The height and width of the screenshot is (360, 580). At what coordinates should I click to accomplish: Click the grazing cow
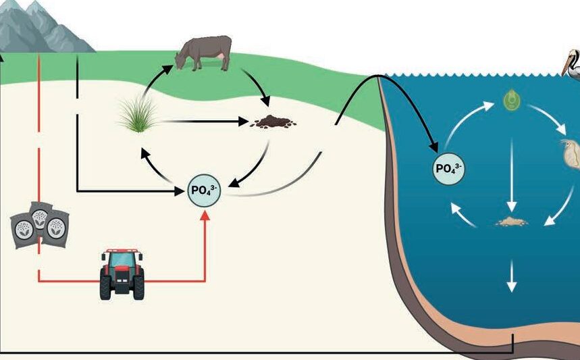click(x=204, y=53)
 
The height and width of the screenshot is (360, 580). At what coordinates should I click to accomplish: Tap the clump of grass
click(x=138, y=115)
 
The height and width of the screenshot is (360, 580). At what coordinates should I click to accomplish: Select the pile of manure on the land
click(x=273, y=122)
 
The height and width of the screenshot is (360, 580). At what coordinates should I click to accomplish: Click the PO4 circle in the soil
click(x=204, y=190)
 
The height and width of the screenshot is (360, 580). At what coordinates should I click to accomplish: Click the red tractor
click(x=122, y=274)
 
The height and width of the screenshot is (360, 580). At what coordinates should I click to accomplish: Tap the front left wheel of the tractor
click(x=105, y=288)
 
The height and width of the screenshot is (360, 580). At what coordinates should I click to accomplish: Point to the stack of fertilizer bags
click(x=40, y=225)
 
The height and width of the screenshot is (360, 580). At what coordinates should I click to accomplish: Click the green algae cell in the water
click(x=512, y=100)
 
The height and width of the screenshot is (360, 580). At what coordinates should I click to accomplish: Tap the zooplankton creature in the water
click(x=570, y=153)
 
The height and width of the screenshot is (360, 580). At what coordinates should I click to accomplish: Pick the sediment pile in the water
click(x=512, y=222)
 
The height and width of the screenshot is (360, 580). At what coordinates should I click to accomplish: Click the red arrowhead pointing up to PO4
click(x=205, y=215)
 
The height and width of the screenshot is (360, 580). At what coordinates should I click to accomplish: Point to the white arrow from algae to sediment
click(x=512, y=176)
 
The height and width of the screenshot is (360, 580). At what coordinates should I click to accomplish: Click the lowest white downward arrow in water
click(x=512, y=276)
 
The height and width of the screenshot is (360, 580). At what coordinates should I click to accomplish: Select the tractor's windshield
click(x=122, y=259)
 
